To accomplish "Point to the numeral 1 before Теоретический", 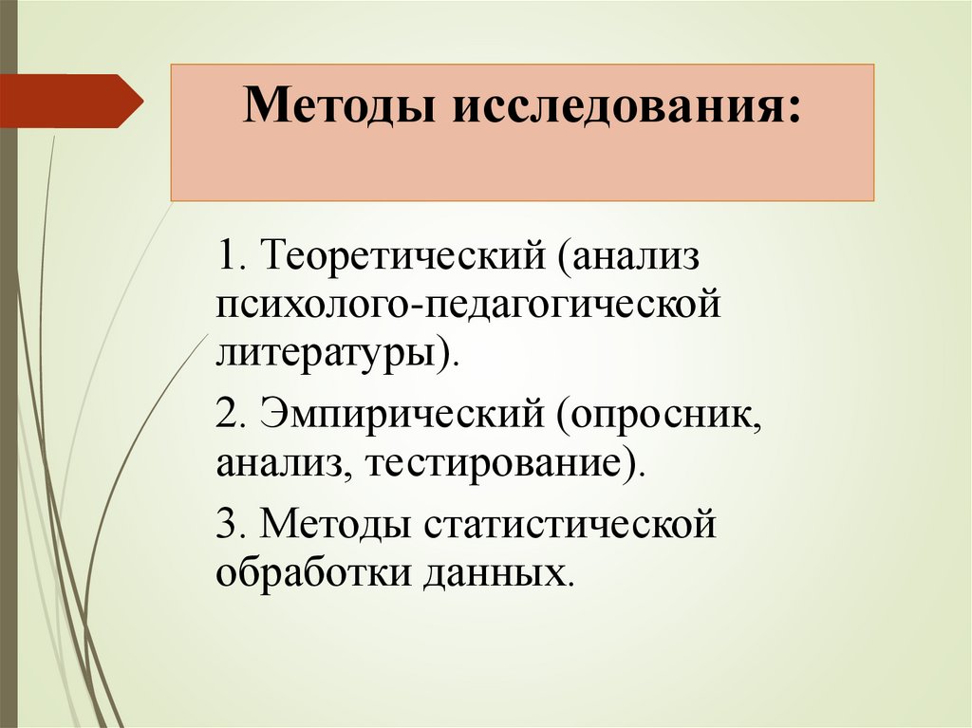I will pos(227,256).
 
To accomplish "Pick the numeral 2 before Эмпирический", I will pos(227,417).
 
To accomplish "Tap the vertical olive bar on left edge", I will pos(9,380).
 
